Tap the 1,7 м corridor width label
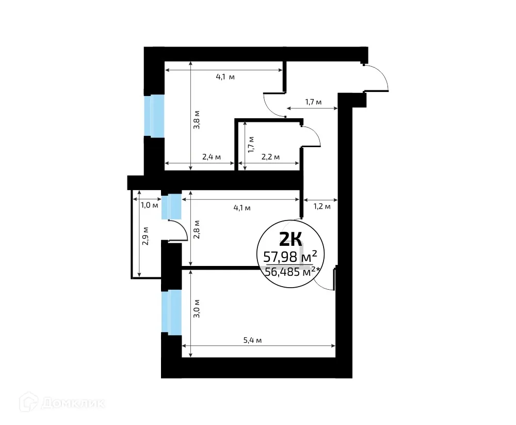point(313,102)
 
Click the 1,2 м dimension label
point(322,207)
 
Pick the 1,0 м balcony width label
point(149,204)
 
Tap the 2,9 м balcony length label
point(146,235)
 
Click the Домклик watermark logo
point(62,402)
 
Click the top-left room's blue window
point(154,116)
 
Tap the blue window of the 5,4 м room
point(171,311)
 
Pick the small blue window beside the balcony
point(171,206)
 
